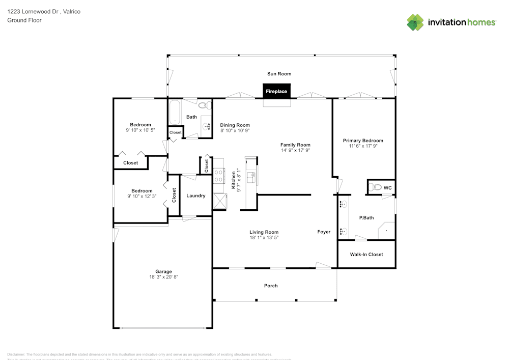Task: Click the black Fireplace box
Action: click(276, 91)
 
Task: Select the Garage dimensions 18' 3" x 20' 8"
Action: click(163, 277)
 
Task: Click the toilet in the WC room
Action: click(375, 188)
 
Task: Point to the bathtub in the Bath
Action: click(175, 112)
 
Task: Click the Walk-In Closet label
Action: click(366, 254)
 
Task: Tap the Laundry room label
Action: click(196, 196)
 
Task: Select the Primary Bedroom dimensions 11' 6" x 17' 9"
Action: click(363, 146)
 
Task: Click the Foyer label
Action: click(324, 232)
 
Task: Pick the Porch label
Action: click(271, 286)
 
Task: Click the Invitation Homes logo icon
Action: click(415, 22)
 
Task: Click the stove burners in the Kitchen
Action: click(219, 176)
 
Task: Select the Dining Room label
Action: click(235, 125)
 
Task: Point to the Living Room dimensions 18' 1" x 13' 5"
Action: click(264, 237)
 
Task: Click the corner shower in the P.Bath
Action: click(386, 231)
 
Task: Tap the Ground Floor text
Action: click(24, 20)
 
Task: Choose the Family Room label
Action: click(295, 145)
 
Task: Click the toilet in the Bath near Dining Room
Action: click(204, 106)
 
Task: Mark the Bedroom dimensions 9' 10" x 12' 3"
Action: click(140, 197)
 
